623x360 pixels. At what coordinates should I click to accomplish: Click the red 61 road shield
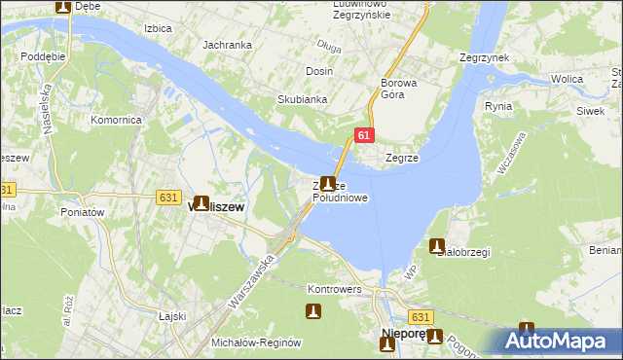coord(362,137)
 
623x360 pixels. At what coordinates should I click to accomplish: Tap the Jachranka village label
coord(227,45)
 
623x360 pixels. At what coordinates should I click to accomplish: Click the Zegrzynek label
coord(484,58)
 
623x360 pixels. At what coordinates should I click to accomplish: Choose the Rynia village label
coord(497,106)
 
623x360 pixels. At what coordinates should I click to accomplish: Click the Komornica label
coord(117,119)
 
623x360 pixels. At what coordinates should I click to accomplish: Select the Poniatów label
coord(87,211)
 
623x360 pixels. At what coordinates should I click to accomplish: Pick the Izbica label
coord(157,28)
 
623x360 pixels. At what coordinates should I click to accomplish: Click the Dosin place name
coord(319,72)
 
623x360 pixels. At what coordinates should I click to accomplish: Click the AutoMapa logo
coord(561,342)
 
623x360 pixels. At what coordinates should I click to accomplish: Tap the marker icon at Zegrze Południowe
coord(329,183)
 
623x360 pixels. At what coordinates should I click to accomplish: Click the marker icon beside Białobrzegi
coord(437,246)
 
